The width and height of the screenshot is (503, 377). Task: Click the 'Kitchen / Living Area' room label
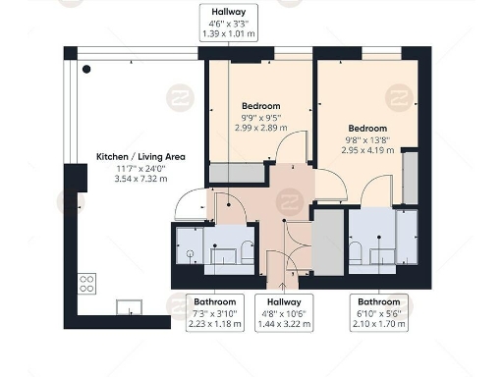point(131,157)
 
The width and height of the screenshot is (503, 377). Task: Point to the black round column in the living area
point(86,69)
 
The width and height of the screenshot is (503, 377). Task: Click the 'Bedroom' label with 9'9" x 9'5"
point(260,106)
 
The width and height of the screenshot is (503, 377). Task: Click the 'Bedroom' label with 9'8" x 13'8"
point(366,129)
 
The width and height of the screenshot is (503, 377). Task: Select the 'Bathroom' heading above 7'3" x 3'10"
point(213,301)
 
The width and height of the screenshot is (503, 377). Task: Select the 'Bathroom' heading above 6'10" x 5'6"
point(378,301)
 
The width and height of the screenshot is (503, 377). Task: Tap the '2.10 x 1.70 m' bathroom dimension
point(378,323)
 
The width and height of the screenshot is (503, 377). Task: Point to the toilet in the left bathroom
point(248,252)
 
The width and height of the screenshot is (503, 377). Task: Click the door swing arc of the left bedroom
point(292,147)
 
